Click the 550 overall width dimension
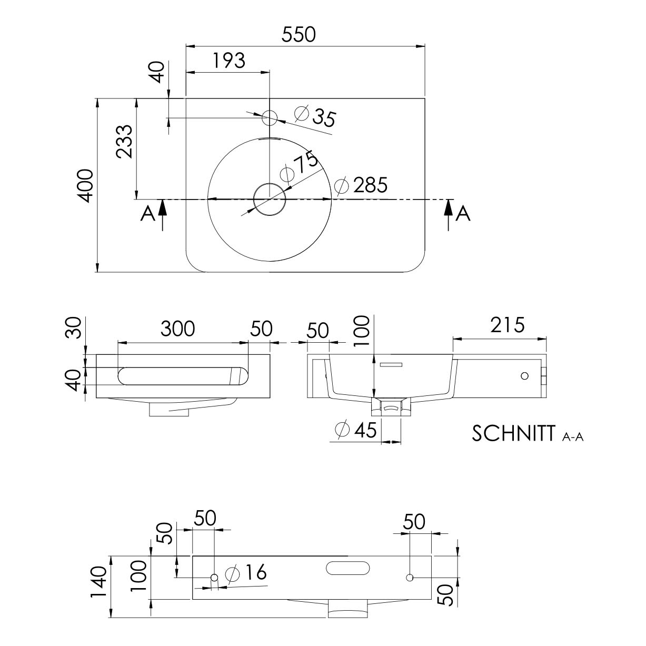pyautogui.click(x=299, y=35)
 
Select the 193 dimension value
pyautogui.click(x=230, y=61)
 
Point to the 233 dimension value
pyautogui.click(x=124, y=141)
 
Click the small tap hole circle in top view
pyautogui.click(x=270, y=118)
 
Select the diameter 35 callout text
pyautogui.click(x=315, y=116)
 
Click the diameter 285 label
pyautogui.click(x=361, y=185)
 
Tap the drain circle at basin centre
pyautogui.click(x=270, y=200)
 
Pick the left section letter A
pyautogui.click(x=148, y=214)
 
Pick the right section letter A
pyautogui.click(x=463, y=213)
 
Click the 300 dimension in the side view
pyautogui.click(x=177, y=329)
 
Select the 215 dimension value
pyautogui.click(x=508, y=325)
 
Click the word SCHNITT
pyautogui.click(x=513, y=433)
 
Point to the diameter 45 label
pyautogui.click(x=356, y=430)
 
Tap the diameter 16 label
pyautogui.click(x=246, y=572)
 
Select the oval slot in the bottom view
pyautogui.click(x=348, y=568)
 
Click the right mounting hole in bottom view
pyautogui.click(x=409, y=577)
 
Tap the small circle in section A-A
pyautogui.click(x=524, y=376)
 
